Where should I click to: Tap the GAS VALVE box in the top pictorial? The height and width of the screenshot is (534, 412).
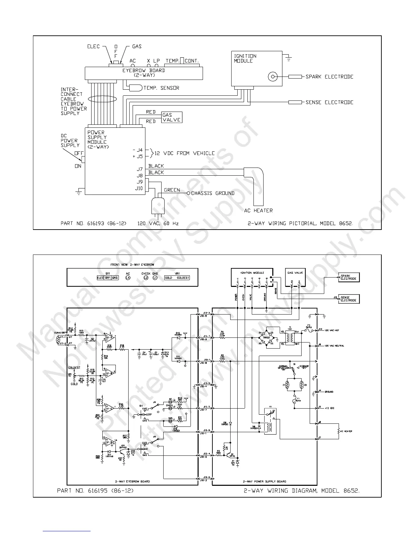pyautogui.click(x=172, y=117)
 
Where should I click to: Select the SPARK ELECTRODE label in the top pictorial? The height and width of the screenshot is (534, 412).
pyautogui.click(x=329, y=77)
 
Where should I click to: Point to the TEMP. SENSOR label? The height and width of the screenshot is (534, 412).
pyautogui.click(x=161, y=88)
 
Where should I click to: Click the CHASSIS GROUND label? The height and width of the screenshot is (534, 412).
pyautogui.click(x=213, y=193)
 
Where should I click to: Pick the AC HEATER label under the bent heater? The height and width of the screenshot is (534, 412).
pyautogui.click(x=258, y=211)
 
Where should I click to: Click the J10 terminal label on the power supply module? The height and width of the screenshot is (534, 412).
pyautogui.click(x=139, y=188)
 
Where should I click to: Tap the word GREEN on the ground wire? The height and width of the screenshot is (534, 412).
pyautogui.click(x=172, y=190)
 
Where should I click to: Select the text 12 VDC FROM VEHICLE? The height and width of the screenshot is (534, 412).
pyautogui.click(x=184, y=153)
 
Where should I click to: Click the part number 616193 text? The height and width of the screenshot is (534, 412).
pyautogui.click(x=93, y=223)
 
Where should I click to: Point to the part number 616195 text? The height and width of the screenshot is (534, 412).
pyautogui.click(x=95, y=491)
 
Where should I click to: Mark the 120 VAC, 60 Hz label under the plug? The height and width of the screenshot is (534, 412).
pyautogui.click(x=158, y=223)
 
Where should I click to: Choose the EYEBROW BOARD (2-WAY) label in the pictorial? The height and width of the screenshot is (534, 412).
pyautogui.click(x=143, y=73)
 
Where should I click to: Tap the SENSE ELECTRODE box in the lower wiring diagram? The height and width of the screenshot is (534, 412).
pyautogui.click(x=349, y=299)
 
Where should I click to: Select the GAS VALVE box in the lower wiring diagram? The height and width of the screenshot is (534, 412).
pyautogui.click(x=295, y=277)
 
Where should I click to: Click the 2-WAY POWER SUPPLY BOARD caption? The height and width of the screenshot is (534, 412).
pyautogui.click(x=265, y=481)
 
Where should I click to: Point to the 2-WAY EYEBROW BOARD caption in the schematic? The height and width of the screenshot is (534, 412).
pyautogui.click(x=132, y=481)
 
